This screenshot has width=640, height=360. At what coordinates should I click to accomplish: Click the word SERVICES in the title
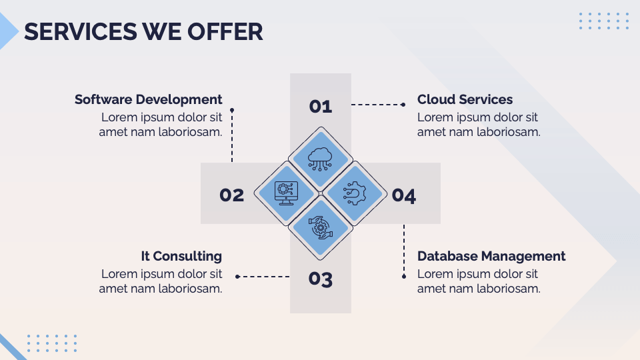point(81,32)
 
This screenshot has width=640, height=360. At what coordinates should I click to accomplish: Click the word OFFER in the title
point(225,32)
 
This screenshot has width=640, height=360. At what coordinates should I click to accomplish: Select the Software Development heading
point(149,99)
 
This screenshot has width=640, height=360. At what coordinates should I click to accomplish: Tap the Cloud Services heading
point(465,99)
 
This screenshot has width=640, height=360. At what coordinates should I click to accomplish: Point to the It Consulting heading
point(181,256)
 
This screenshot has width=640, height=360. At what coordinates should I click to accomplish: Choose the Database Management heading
point(491,256)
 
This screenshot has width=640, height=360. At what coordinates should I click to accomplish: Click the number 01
point(321,107)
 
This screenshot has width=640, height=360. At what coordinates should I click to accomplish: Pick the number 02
point(232,195)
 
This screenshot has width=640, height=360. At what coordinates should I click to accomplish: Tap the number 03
point(321,279)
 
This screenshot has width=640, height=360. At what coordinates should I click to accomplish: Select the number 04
point(404,195)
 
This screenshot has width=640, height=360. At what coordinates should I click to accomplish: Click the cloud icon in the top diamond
point(321,159)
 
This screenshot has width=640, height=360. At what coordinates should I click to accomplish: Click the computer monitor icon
point(286,193)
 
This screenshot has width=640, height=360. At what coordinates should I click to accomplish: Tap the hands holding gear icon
point(321,227)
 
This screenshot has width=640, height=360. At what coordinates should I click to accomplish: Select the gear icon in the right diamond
point(355,193)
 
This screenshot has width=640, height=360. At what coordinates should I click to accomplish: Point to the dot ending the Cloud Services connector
point(403,105)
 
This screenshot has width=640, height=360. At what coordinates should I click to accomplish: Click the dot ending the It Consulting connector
point(237,277)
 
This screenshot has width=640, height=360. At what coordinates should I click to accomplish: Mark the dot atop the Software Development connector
point(232,110)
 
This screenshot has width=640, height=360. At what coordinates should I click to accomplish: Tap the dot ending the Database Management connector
point(404,277)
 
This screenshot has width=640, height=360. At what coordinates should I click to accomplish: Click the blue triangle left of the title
point(7,31)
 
